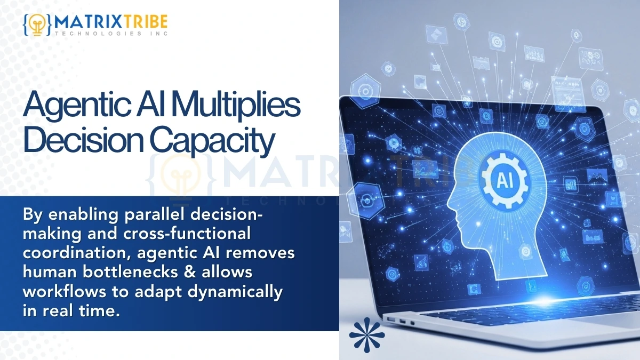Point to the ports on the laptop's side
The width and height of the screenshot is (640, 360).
click(x=401, y=321)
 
